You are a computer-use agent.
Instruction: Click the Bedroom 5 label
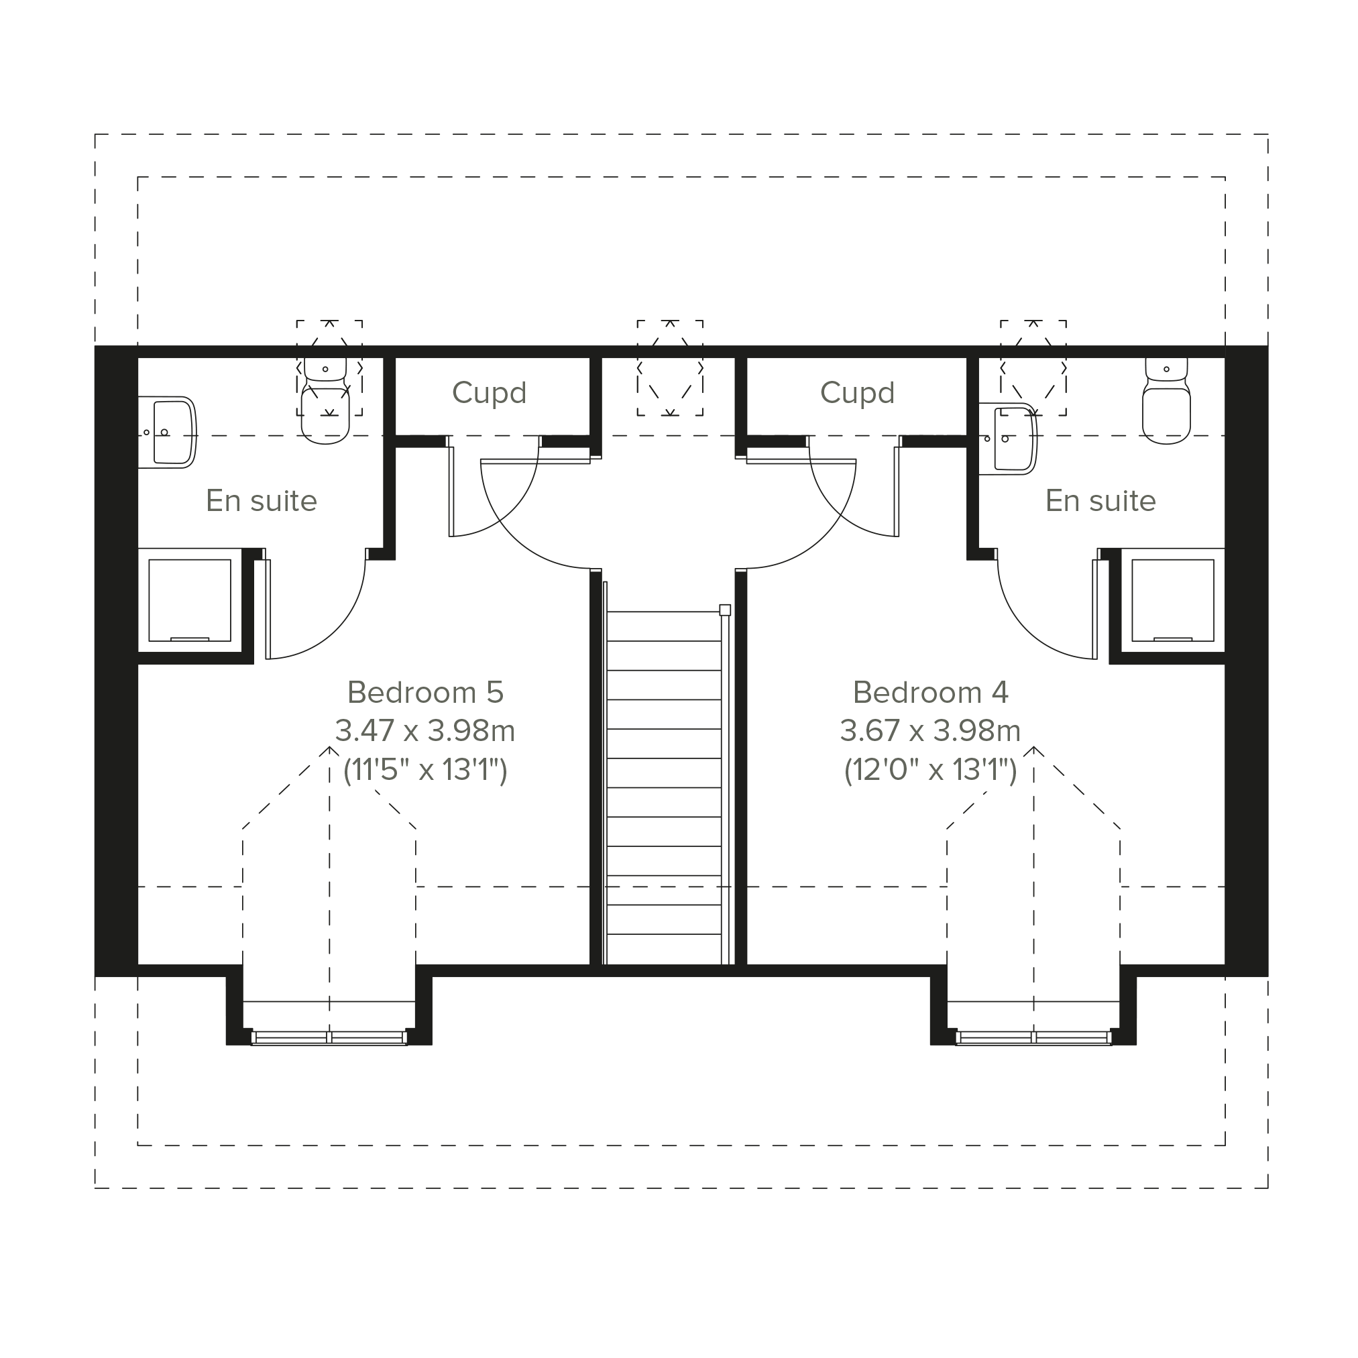pos(425,692)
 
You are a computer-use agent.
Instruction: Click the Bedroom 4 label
pos(931,692)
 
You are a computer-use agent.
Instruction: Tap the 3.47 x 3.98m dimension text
pos(425,731)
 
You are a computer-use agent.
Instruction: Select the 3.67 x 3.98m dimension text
pos(931,731)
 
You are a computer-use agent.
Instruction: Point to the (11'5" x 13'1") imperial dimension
pos(425,770)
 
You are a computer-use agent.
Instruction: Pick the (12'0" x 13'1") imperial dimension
pos(931,770)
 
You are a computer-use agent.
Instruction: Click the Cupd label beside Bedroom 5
pos(490,393)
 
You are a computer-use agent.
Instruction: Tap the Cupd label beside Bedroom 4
pos(858,393)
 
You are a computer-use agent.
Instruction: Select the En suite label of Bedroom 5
pos(262,501)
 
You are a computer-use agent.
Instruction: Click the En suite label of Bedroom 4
pos(1100,501)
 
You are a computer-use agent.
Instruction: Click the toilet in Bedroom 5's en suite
pos(325,400)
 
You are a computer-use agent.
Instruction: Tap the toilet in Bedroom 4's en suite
pos(1167,400)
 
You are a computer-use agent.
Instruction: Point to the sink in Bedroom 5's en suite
pos(167,433)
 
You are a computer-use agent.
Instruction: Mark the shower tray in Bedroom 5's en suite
pos(190,600)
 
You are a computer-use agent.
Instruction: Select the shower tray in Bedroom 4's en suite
pos(1172,600)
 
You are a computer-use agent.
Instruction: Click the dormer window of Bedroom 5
pos(329,1037)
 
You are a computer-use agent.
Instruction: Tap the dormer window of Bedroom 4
pos(1034,1037)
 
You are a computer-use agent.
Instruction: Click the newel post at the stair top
pos(726,610)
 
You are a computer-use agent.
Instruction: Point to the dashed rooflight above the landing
pos(671,368)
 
